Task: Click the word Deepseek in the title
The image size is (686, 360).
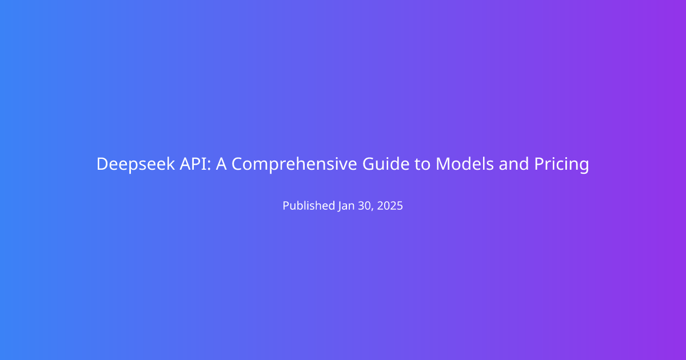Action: tap(135, 164)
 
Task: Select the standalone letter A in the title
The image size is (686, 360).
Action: tap(221, 163)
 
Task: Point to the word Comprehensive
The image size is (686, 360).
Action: tap(294, 164)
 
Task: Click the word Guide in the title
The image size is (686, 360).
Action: tap(386, 163)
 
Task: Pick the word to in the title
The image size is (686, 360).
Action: tap(422, 164)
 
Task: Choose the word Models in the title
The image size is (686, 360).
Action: tap(465, 163)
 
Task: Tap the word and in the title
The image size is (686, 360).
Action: tap(514, 163)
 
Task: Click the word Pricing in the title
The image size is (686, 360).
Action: tap(561, 164)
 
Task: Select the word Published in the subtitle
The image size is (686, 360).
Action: tap(309, 205)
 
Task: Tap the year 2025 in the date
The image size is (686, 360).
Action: tap(390, 206)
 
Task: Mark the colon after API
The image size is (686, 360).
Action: tap(209, 166)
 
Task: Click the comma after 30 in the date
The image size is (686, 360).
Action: tap(373, 210)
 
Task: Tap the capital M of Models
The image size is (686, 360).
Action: tap(443, 164)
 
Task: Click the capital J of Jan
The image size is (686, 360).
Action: tap(340, 207)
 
